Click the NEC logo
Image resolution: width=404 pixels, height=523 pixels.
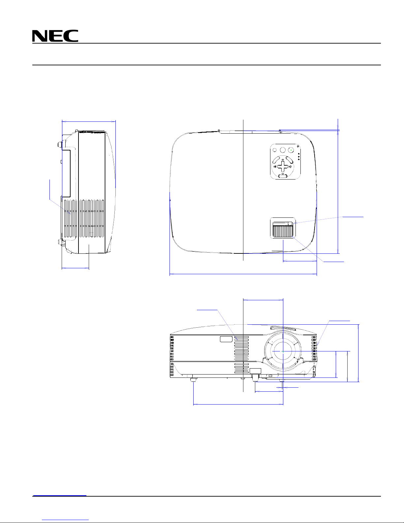pos(55,36)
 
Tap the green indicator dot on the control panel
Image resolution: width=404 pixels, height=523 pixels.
pos(291,150)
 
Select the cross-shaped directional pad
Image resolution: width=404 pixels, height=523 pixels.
pos(283,166)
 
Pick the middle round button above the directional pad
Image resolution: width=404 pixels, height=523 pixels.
pos(283,150)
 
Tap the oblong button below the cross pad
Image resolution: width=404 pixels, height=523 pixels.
pos(283,176)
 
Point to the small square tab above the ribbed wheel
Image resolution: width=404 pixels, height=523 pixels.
pos(290,223)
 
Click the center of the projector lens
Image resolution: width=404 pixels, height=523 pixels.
pos(283,351)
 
